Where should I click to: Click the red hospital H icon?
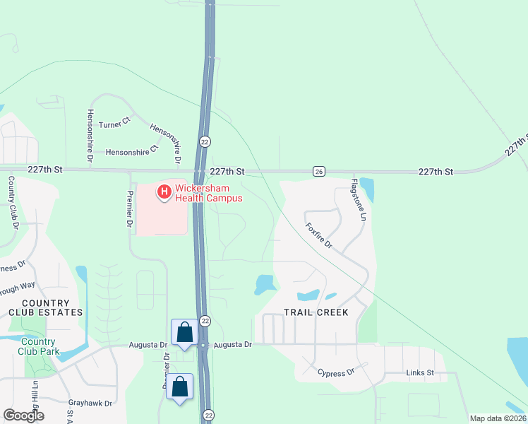click(x=164, y=191)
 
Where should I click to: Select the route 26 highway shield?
click(x=319, y=172)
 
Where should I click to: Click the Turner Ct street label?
click(x=114, y=124)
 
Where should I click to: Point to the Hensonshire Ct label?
click(x=133, y=151)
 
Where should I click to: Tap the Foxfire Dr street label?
click(x=318, y=236)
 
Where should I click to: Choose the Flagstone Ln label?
click(x=359, y=205)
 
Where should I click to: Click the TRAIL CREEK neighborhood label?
click(x=316, y=312)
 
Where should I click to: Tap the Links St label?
click(x=420, y=372)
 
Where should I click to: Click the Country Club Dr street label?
click(x=12, y=203)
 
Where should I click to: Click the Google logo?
click(x=23, y=415)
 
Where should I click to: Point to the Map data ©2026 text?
click(x=497, y=418)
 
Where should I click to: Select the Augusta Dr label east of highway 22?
click(x=232, y=344)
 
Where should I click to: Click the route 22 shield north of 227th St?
click(x=205, y=141)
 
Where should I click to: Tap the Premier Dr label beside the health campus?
click(x=130, y=208)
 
